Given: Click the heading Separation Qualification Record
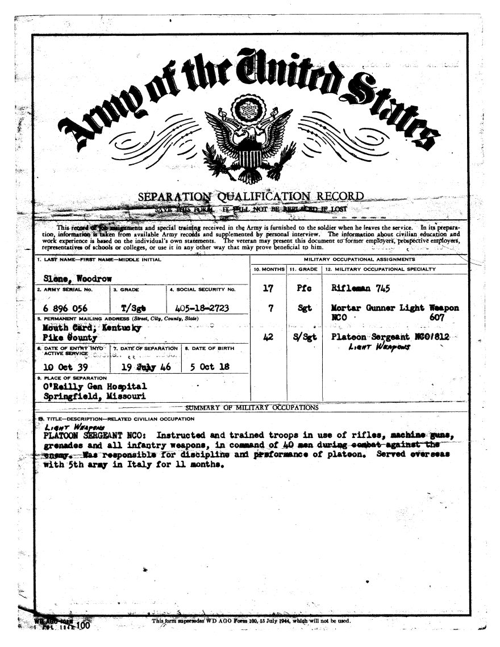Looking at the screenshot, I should click(x=251, y=197).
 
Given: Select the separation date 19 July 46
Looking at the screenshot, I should click(x=146, y=366).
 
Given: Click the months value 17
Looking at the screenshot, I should click(x=269, y=289).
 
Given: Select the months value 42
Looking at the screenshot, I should click(x=269, y=337).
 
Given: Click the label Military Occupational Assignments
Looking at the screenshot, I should click(x=360, y=260).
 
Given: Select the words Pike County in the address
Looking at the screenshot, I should click(x=70, y=337).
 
